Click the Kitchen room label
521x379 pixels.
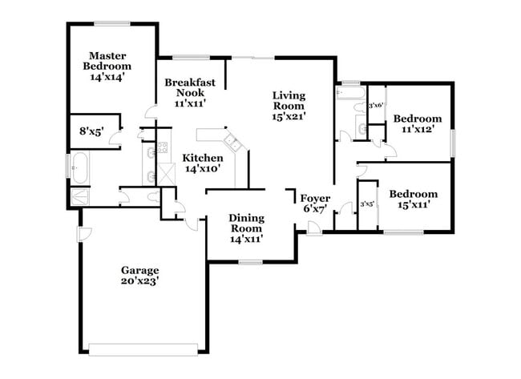coord(202,158)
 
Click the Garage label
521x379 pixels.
coord(140,271)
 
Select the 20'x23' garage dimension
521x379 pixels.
coord(140,283)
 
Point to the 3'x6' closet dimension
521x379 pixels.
coord(376,105)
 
